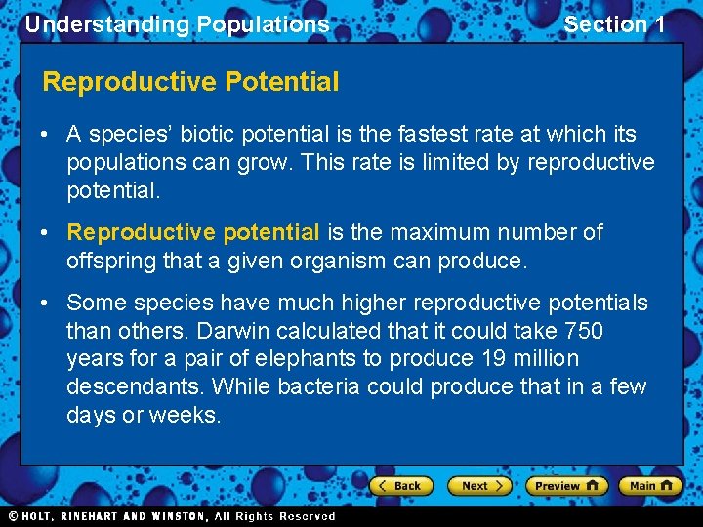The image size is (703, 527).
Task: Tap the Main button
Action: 650,485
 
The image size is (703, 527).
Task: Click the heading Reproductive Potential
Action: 190,82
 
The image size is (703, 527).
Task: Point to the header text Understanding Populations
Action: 177,24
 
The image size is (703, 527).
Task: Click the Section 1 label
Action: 614,24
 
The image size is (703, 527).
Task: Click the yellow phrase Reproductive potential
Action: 192,232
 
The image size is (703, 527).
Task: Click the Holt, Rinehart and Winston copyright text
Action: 172,516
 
